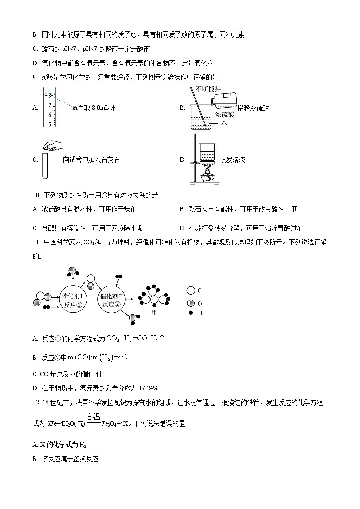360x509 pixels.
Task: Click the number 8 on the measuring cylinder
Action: tap(50, 96)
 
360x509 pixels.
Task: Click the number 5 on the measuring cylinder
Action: tap(50, 124)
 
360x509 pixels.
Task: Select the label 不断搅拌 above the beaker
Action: tap(208, 88)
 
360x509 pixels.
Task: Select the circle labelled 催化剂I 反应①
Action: tap(73, 300)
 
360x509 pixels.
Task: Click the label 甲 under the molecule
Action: tap(154, 313)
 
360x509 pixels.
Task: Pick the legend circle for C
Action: tap(190, 291)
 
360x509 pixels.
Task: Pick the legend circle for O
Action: tap(190, 303)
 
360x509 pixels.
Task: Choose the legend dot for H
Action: tap(190, 313)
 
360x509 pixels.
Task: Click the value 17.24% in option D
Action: tap(146, 388)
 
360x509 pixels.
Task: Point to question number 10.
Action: tap(36, 195)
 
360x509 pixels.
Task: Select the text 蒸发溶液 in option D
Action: tap(232, 160)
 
